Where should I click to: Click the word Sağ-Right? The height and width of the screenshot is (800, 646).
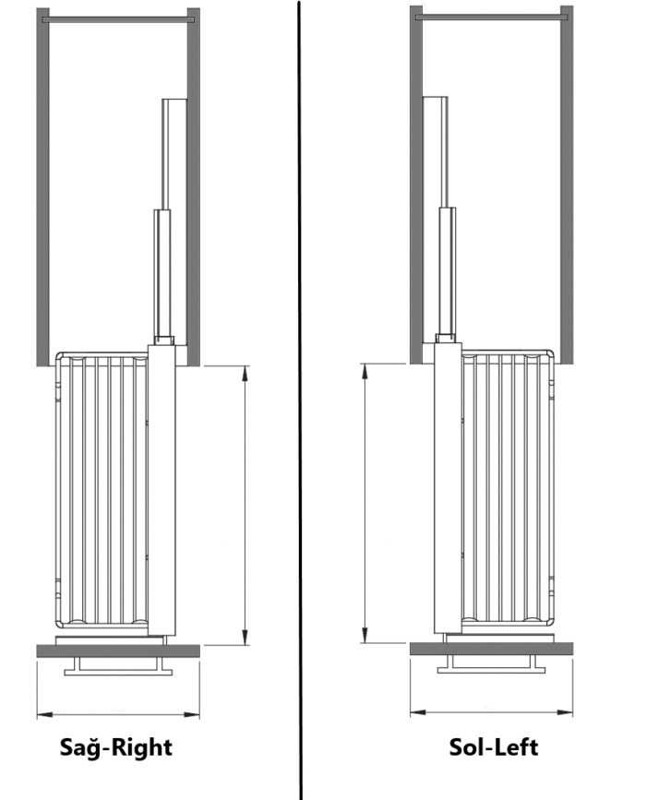(116, 747)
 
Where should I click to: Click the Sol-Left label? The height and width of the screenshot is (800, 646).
(494, 747)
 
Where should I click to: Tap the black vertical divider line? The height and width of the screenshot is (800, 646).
(300, 400)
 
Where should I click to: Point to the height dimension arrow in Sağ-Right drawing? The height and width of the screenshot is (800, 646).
(245, 505)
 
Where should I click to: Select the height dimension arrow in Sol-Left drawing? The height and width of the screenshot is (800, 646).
(365, 503)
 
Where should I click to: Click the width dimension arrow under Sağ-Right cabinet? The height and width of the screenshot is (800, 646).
(118, 714)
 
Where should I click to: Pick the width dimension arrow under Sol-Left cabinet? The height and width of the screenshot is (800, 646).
(491, 712)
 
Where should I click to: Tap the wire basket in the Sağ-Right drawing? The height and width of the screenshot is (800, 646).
(101, 490)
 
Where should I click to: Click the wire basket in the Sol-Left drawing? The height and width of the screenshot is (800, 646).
(508, 488)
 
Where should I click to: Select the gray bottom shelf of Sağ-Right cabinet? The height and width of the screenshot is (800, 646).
(118, 651)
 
